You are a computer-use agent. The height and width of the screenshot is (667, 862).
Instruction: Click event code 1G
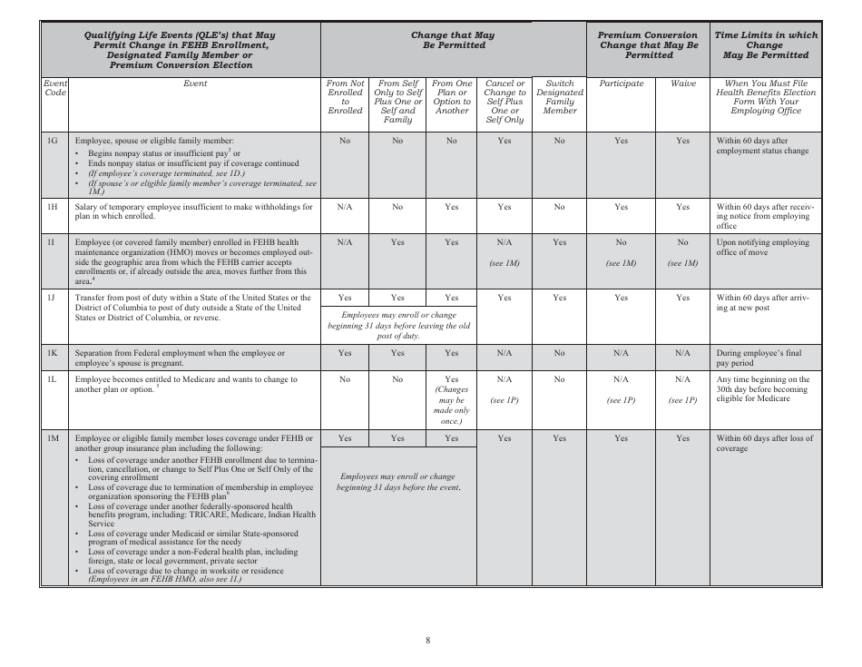click(53, 142)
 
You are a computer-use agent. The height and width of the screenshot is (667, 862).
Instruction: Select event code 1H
click(53, 207)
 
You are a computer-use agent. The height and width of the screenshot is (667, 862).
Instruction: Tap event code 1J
click(53, 298)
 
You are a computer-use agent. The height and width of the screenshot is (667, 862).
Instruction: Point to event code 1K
click(53, 353)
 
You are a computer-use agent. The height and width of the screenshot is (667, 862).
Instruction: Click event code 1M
click(53, 438)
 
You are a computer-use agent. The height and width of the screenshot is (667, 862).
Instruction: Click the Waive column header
click(682, 83)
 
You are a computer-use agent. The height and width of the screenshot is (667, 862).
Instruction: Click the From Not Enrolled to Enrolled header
click(344, 97)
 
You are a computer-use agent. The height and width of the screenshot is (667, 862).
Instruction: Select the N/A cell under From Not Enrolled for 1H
click(344, 207)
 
